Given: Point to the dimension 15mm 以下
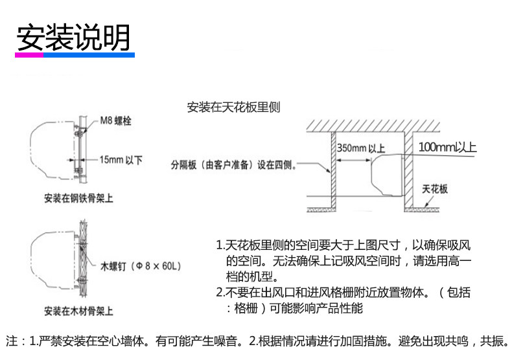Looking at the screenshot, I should pos(121,159).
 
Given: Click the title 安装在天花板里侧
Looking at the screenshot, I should pos(233,107).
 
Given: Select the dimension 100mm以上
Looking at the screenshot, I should pos(447,147).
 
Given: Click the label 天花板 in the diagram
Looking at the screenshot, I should pos(435,189).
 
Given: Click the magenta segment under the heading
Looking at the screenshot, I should pos(30,56).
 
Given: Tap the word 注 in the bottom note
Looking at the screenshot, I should pos(11,341).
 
